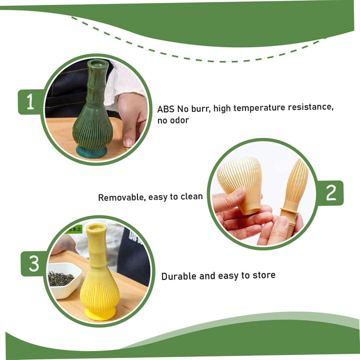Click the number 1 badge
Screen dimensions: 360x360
tap(30, 101)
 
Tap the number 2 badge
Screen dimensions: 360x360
tap(331, 193)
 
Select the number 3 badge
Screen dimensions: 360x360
tap(34, 263)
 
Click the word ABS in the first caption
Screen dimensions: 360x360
tap(166, 109)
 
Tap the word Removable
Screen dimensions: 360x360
tap(122, 197)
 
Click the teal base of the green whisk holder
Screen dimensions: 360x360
tap(92, 152)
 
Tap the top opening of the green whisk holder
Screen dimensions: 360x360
tap(97, 63)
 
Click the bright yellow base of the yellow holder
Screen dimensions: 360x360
tap(100, 314)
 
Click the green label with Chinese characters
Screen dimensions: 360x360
tap(73, 229)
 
